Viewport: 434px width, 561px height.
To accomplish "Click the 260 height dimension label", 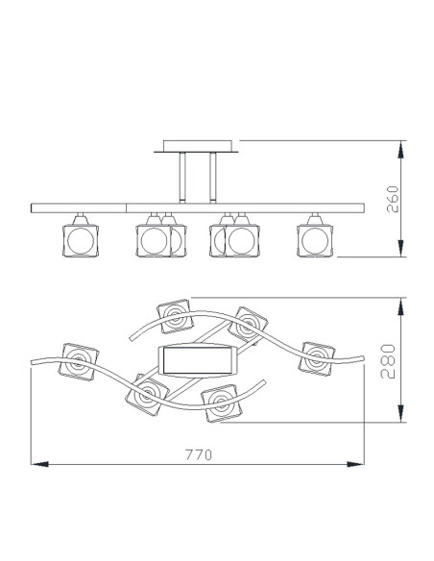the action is (x=393, y=199).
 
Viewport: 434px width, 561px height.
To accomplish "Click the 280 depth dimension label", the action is (x=388, y=361).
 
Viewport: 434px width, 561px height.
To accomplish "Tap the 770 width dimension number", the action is (x=199, y=454).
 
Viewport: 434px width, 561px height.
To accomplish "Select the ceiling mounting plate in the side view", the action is (x=197, y=147).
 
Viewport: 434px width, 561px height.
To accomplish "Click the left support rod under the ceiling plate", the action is (x=182, y=178).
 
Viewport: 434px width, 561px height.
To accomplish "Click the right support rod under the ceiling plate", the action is (x=213, y=178).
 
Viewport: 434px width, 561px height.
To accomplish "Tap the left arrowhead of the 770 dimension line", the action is (x=39, y=464).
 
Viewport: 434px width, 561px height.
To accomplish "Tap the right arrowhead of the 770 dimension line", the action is (x=355, y=464).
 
